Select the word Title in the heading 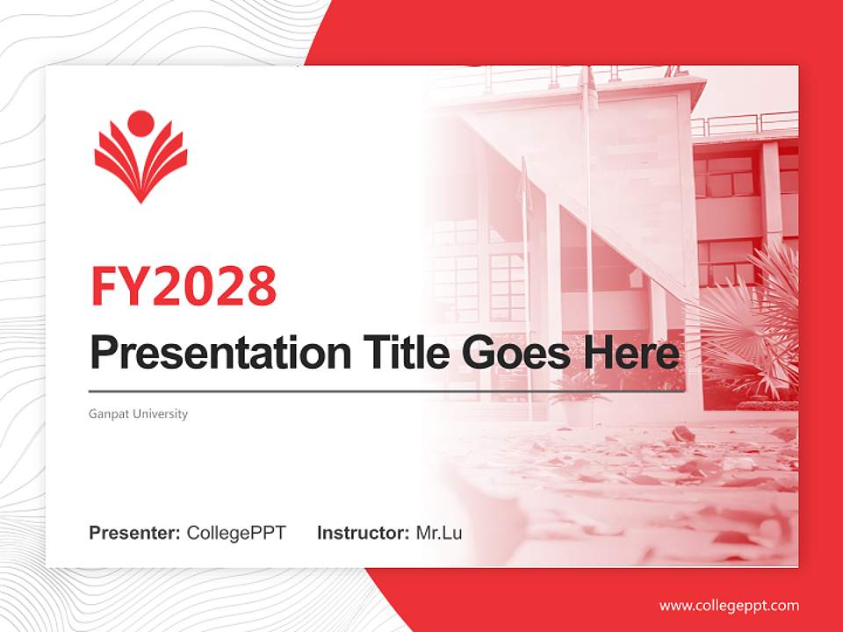tap(400, 353)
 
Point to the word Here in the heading tap(632, 353)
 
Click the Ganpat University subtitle tap(138, 413)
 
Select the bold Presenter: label tap(135, 533)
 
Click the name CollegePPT tap(236, 533)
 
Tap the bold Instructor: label tap(363, 533)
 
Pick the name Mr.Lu tap(439, 533)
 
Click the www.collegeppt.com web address tap(729, 606)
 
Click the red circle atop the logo tap(140, 124)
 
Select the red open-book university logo tap(140, 162)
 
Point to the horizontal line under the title tap(386, 391)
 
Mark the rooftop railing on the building tap(746, 124)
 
